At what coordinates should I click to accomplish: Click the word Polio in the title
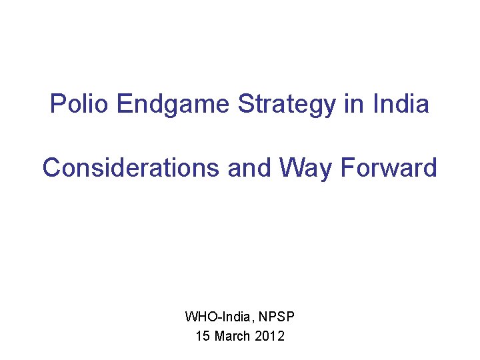click(79, 104)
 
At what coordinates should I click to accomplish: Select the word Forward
click(389, 167)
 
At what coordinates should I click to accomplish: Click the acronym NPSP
click(273, 315)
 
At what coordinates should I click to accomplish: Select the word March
click(233, 336)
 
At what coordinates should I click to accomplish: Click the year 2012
click(270, 336)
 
